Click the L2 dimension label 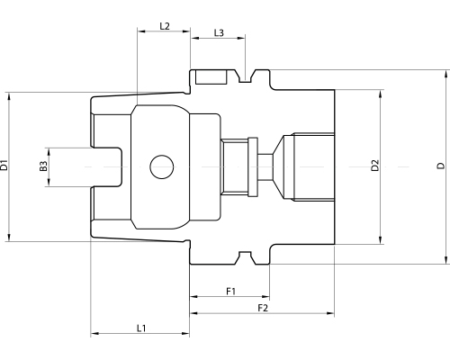(x=164, y=26)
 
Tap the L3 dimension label (x=219, y=33)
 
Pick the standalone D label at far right (x=440, y=166)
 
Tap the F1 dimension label (x=229, y=291)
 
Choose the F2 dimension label (x=263, y=308)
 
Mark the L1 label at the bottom (x=142, y=328)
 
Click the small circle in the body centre (x=162, y=166)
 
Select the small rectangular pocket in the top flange (x=211, y=76)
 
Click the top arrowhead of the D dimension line (x=447, y=73)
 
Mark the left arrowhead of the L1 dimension (x=94, y=335)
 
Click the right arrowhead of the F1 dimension (x=267, y=297)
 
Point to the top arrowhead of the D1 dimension (x=10, y=92)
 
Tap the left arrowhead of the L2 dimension (x=139, y=33)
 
